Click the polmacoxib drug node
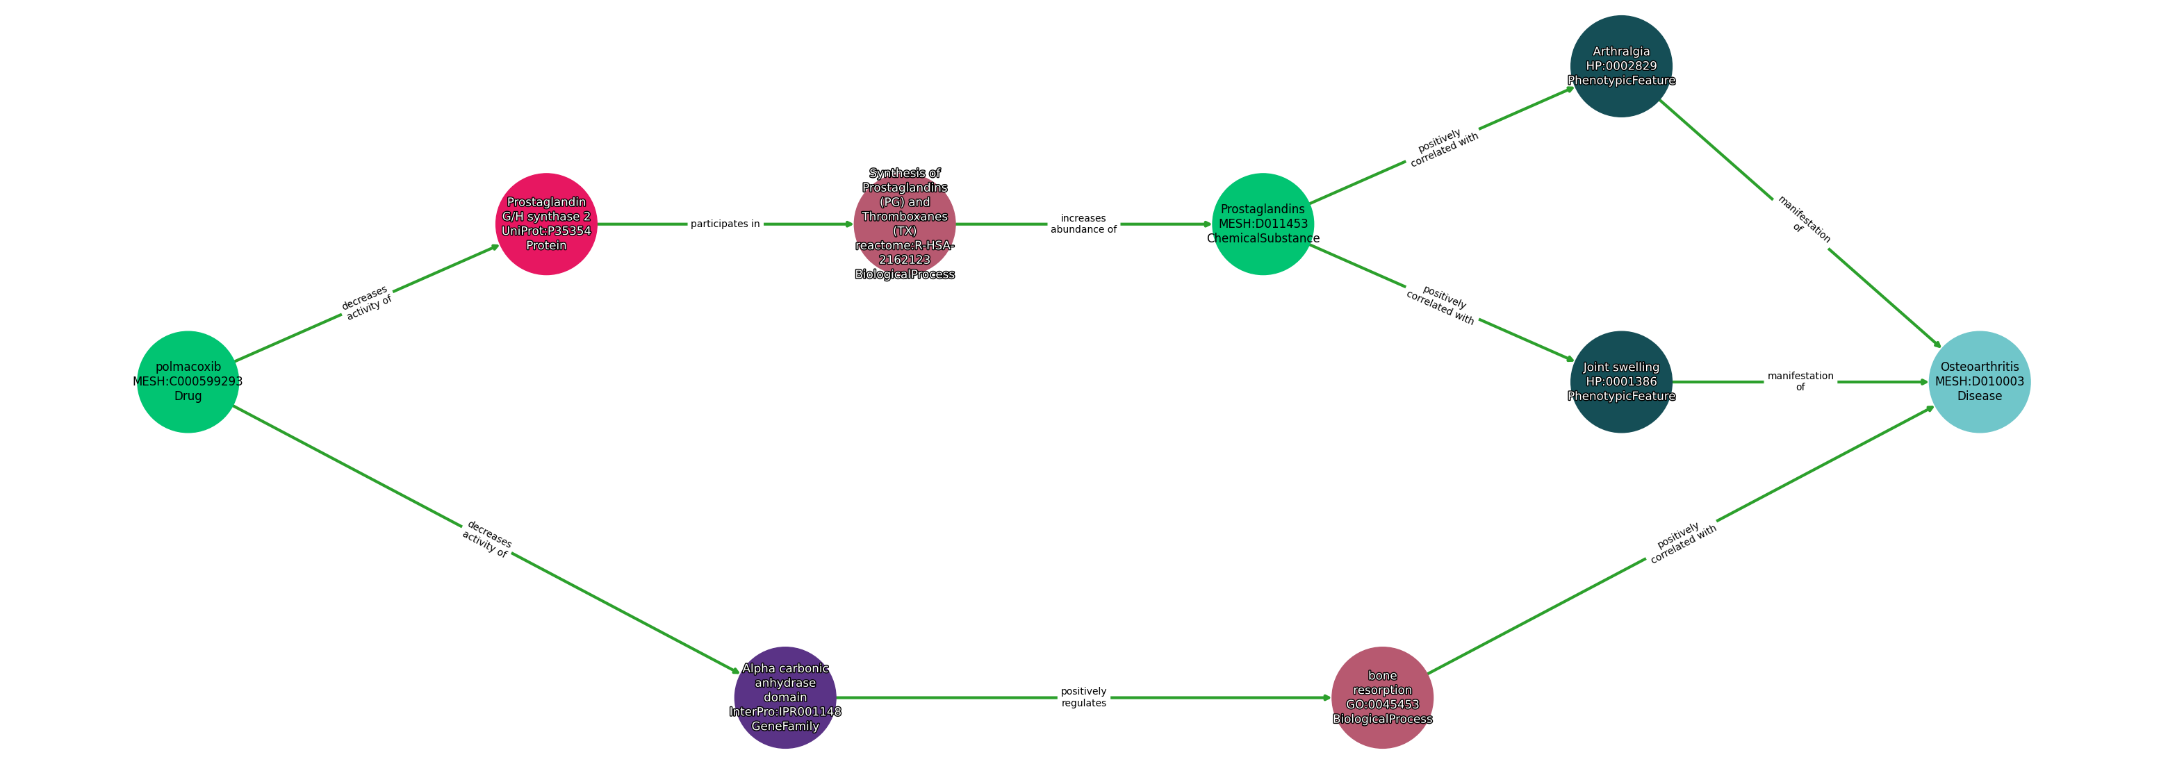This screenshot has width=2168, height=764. pos(188,382)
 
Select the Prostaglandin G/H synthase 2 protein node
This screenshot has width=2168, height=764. pos(546,224)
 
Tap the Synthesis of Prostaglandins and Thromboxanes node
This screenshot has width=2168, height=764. pos(905,224)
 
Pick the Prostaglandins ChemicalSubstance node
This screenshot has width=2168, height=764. pos(1263,224)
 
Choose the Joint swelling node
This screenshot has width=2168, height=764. pos(1621,382)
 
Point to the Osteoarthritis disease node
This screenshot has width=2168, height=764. pos(1980,382)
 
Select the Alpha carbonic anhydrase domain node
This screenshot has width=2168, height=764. pos(785,697)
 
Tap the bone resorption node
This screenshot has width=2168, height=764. pos(1382,697)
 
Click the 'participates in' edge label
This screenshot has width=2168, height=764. pos(725,224)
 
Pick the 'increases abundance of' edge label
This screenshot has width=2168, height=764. pos(1083,224)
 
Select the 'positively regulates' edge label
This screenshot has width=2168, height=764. pos(1083,697)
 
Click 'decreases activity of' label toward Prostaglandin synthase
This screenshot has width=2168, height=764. pos(367,303)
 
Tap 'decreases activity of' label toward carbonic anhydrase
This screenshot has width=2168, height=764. pos(486,540)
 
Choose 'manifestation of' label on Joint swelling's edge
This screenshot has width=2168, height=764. pos(1800,382)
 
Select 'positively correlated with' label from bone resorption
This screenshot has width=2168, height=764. pos(1682,542)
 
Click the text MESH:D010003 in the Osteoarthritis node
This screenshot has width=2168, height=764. pos(1980,382)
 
